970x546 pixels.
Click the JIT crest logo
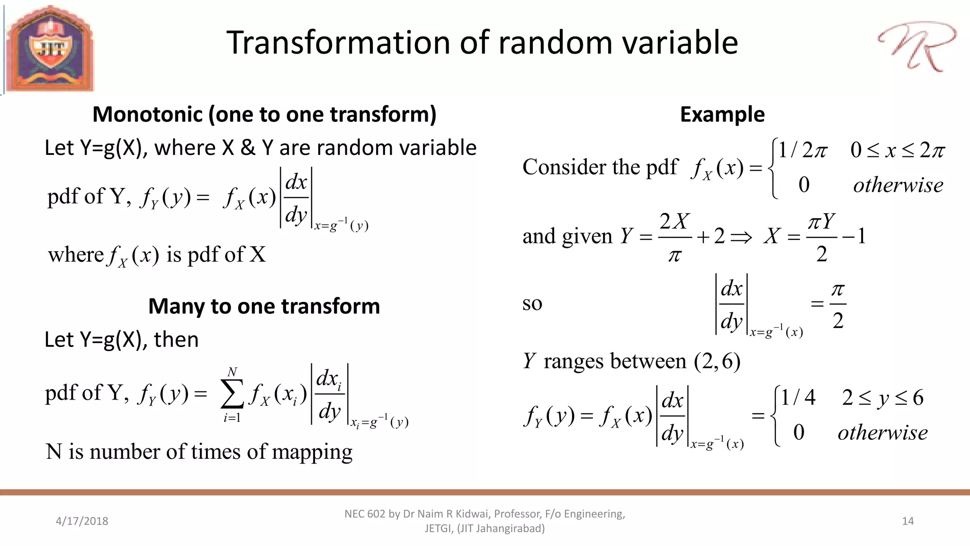[50, 49]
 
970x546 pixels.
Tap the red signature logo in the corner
[916, 46]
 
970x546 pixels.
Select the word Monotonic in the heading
[148, 115]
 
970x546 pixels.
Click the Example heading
[722, 115]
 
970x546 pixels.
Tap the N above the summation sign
[232, 372]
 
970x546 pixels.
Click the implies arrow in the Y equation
[741, 237]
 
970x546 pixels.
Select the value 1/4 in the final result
[798, 397]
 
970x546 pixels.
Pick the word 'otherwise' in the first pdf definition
[898, 185]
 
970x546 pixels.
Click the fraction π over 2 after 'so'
[838, 305]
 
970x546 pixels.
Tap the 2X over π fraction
[675, 237]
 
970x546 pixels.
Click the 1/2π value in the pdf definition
[802, 150]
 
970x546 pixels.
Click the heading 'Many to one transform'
[264, 306]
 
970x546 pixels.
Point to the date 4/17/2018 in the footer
[82, 521]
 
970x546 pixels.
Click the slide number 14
[907, 521]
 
